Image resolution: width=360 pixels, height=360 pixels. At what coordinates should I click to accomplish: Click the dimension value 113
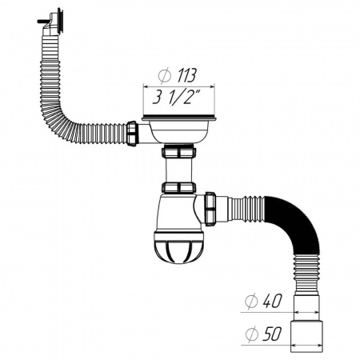[x=186, y=77]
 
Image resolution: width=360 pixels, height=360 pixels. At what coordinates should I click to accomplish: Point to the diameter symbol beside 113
[x=164, y=77]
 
